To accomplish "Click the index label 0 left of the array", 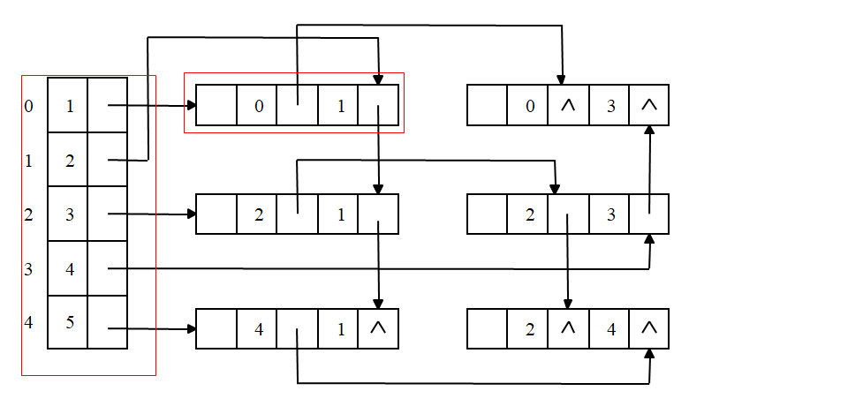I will [29, 106].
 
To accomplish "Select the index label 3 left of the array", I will [29, 269].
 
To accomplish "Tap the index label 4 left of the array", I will [29, 322].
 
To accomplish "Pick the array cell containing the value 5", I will [69, 322].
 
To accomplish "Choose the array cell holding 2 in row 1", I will [69, 161].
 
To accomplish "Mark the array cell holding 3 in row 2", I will [69, 214].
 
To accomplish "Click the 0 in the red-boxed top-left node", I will [258, 107].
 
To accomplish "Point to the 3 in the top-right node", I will [609, 107].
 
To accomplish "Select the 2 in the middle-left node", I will [258, 214].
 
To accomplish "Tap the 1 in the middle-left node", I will [340, 214].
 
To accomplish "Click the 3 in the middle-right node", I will [609, 214].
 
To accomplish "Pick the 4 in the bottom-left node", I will [258, 330].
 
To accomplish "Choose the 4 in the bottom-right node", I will [609, 330].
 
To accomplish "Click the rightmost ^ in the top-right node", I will [649, 105].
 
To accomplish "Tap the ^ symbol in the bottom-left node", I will [378, 329].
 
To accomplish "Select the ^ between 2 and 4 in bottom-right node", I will [568, 329].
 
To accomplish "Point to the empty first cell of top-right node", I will [487, 105].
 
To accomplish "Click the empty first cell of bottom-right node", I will [487, 329].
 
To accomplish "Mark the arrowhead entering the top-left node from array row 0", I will [190, 106].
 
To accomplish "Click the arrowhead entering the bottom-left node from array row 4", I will [190, 329].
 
